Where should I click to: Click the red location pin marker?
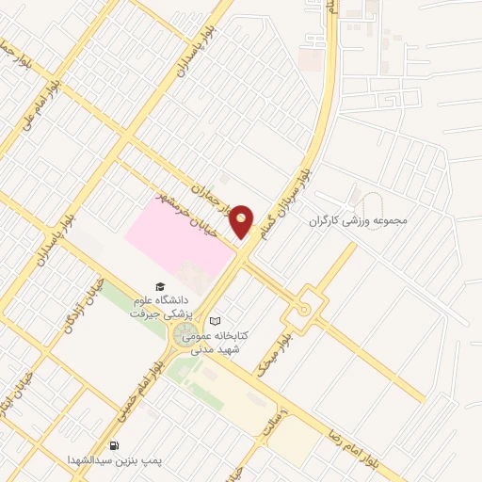point(242,221)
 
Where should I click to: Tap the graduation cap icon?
point(160,286)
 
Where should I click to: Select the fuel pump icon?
point(114,445)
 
